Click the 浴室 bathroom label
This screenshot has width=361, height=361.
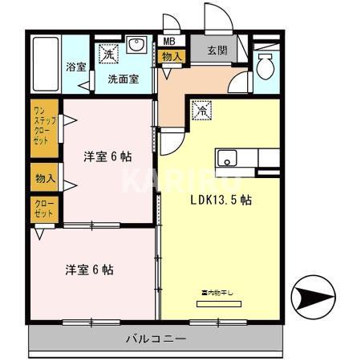tap(77, 67)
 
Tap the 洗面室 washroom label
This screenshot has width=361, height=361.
tap(123, 79)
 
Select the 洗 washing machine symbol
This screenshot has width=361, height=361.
tap(107, 54)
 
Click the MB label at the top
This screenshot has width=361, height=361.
tap(169, 41)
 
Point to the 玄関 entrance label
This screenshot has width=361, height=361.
tap(217, 51)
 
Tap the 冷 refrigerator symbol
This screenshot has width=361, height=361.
tap(203, 111)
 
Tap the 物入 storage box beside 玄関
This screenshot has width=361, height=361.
tap(171, 56)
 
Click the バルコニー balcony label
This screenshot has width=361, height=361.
tap(156, 339)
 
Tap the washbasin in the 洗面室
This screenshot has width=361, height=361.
tap(136, 45)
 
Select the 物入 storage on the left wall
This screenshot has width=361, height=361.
tap(44, 176)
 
